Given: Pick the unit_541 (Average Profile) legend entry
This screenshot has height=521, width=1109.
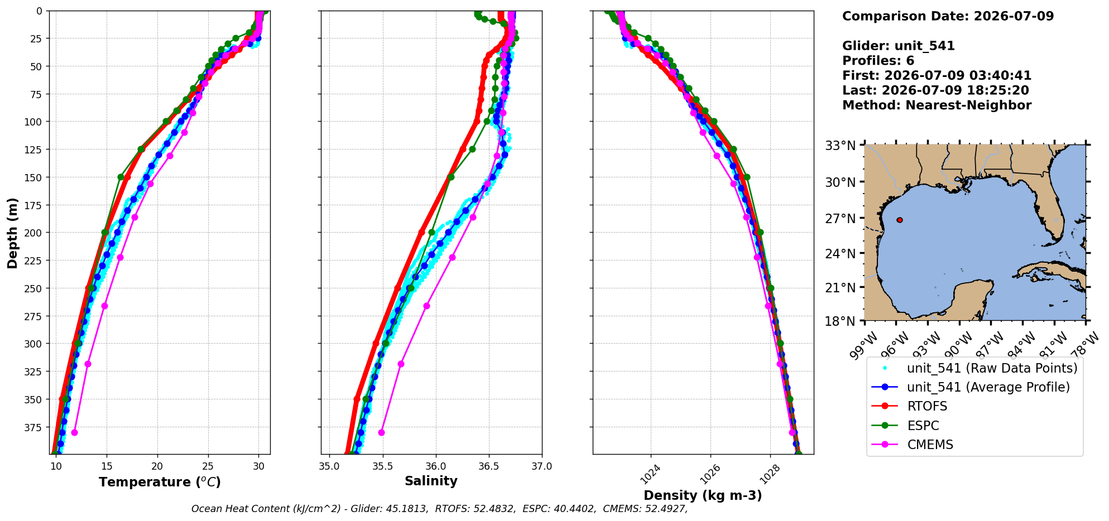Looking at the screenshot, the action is point(971,387).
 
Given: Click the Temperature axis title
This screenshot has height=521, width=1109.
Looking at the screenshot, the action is point(160,482).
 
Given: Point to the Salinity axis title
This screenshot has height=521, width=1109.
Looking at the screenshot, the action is point(431,481).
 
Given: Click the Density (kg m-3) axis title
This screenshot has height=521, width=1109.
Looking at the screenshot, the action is point(703,495).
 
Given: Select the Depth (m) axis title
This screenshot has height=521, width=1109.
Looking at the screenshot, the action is point(12,233).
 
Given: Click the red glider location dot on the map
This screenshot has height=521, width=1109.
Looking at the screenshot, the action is point(900,220).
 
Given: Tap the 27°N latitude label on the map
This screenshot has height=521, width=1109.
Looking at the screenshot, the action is point(841,218).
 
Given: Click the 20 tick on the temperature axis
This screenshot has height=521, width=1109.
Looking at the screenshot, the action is point(157,466).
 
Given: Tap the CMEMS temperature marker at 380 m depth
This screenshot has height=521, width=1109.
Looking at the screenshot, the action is point(74,433).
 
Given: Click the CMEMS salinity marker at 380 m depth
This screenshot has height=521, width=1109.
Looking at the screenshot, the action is point(381,433).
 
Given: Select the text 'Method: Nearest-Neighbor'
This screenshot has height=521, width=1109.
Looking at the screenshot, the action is point(937,105).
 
